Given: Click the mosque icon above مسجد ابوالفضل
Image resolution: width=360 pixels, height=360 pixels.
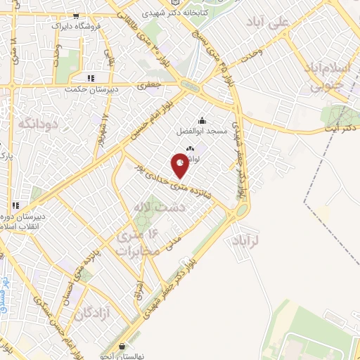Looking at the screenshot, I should pos(202,120).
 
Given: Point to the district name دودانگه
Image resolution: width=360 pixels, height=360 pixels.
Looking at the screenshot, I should pos(36,123).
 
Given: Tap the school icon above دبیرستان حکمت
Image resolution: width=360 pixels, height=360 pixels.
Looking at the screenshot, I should pos(89,78).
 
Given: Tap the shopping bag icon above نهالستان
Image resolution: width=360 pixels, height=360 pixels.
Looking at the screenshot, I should pos(124,345).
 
